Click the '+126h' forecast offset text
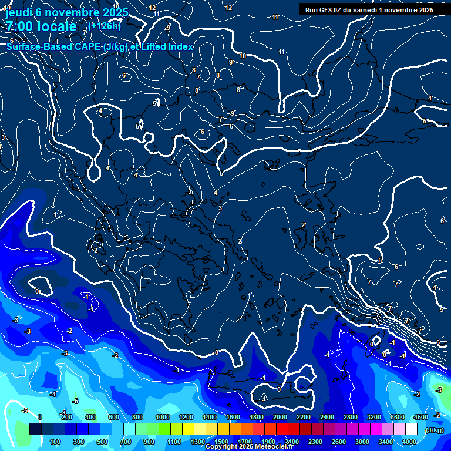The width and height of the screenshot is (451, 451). (x=104, y=26)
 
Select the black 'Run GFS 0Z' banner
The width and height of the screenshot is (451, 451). (x=366, y=9)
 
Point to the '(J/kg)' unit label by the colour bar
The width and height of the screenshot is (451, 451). (x=434, y=430)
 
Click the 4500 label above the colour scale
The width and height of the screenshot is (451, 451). (x=420, y=416)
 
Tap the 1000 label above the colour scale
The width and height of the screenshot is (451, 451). (x=162, y=416)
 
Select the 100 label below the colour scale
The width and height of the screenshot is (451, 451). (x=56, y=442)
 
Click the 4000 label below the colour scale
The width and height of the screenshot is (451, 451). (x=409, y=442)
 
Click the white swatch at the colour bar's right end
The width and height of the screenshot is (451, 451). (x=410, y=429)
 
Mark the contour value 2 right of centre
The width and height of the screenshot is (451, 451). (x=303, y=225)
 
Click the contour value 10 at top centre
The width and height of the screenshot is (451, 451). (x=243, y=56)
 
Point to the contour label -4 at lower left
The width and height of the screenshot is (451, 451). (x=53, y=393)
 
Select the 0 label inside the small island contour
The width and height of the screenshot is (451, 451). (x=372, y=344)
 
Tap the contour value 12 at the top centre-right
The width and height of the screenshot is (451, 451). (x=229, y=8)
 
